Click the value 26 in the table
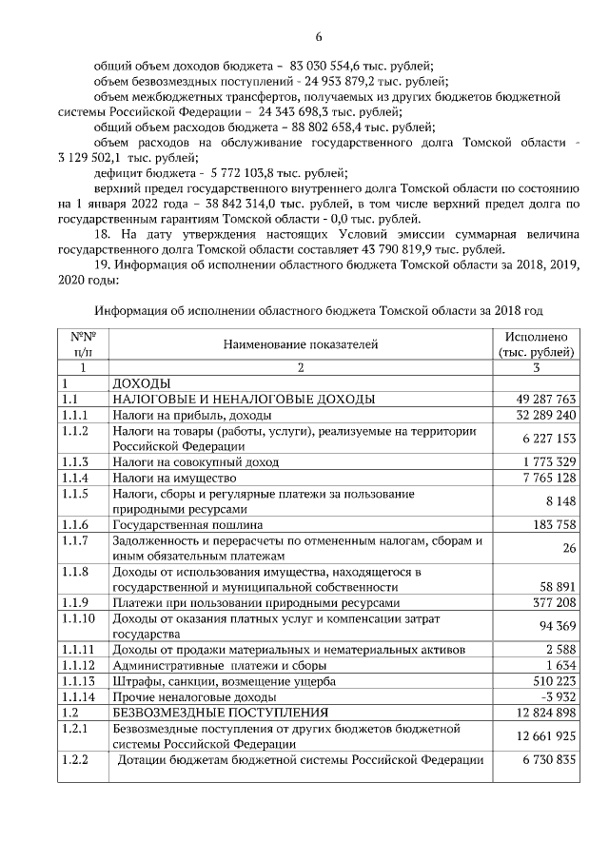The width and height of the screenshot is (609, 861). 569,548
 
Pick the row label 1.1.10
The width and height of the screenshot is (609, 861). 77,618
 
